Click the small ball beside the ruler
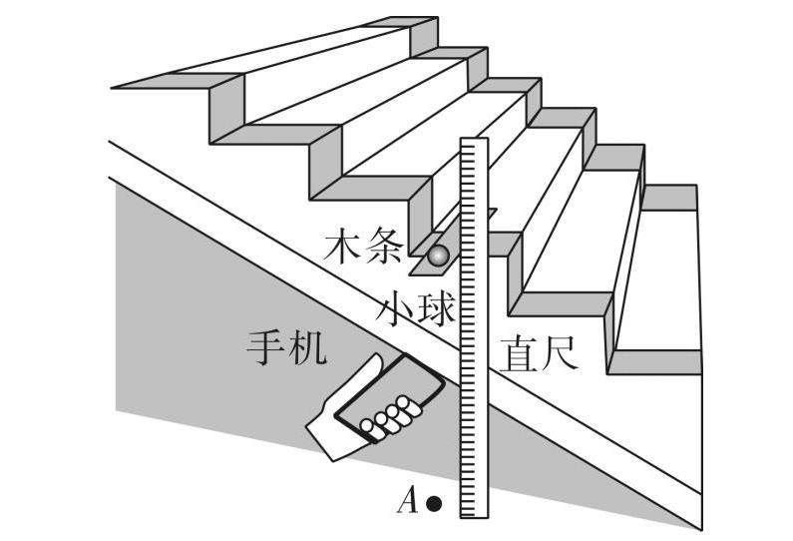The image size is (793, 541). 438,258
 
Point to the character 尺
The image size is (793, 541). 558,354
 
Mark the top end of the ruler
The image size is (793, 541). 473,143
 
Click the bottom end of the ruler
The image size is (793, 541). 473,513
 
